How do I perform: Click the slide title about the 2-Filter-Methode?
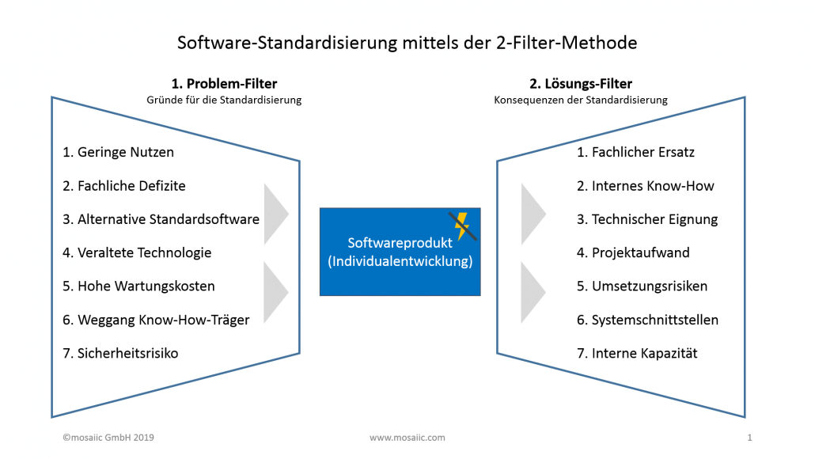(407, 43)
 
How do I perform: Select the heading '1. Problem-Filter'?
(224, 83)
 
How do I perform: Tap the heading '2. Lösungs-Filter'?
(581, 83)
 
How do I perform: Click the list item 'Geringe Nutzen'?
(118, 152)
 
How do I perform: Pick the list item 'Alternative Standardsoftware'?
(161, 219)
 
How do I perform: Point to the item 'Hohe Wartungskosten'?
(138, 286)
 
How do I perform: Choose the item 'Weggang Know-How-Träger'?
(156, 320)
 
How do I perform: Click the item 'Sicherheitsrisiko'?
(120, 353)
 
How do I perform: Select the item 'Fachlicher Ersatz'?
(635, 152)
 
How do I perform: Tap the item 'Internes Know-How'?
(645, 186)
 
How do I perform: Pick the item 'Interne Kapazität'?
(637, 353)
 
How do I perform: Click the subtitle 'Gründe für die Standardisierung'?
(224, 101)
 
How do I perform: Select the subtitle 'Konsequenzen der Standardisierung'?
(581, 101)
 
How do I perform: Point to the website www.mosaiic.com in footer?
(407, 437)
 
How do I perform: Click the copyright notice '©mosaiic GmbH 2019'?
(99, 437)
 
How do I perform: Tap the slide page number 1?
(749, 437)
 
